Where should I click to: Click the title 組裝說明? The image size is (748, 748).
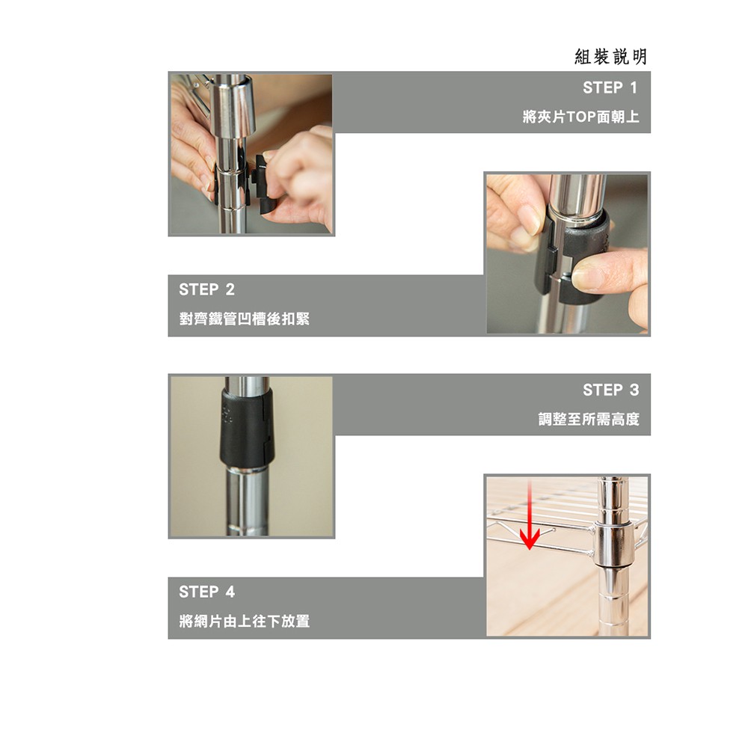click(x=610, y=57)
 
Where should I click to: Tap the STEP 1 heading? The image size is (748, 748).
click(x=610, y=88)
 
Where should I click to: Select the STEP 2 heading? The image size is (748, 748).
click(x=206, y=289)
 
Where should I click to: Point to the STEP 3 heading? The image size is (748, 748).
click(x=610, y=390)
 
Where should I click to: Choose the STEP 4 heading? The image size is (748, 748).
click(x=206, y=592)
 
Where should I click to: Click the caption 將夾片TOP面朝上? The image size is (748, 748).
click(x=580, y=117)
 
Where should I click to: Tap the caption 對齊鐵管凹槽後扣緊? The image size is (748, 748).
click(x=245, y=319)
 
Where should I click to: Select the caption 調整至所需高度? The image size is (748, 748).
click(x=589, y=420)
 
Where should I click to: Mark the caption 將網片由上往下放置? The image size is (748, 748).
click(x=245, y=621)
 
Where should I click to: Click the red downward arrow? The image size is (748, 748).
click(x=530, y=515)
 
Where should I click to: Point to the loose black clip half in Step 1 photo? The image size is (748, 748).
click(x=263, y=183)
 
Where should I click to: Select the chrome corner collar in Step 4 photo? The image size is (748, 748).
click(x=613, y=544)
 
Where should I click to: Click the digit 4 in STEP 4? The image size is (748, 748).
click(x=230, y=592)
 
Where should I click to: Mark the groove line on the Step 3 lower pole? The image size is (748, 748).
click(x=247, y=528)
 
